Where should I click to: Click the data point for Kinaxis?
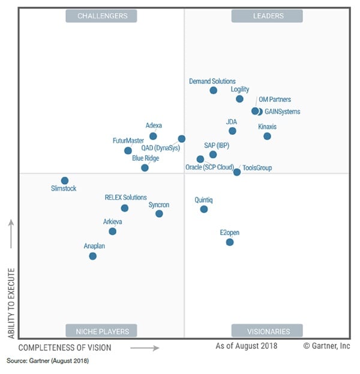(x=267, y=136)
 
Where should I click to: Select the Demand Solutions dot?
(x=213, y=91)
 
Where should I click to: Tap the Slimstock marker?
(x=65, y=180)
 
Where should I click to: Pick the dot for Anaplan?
(x=92, y=256)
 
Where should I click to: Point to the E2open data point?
(x=229, y=242)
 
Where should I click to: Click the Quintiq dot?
(x=204, y=209)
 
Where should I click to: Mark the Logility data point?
(x=239, y=99)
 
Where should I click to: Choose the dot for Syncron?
(x=159, y=213)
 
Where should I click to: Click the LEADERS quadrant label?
(x=266, y=16)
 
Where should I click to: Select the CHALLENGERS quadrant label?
(x=102, y=16)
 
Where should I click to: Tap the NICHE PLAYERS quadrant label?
(x=101, y=331)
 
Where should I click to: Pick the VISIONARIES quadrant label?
(x=268, y=331)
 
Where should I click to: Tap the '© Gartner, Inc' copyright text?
(x=327, y=346)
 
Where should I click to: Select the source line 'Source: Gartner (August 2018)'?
(x=47, y=361)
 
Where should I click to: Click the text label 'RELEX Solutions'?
(x=125, y=197)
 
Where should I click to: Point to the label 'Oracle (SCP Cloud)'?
(x=209, y=168)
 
